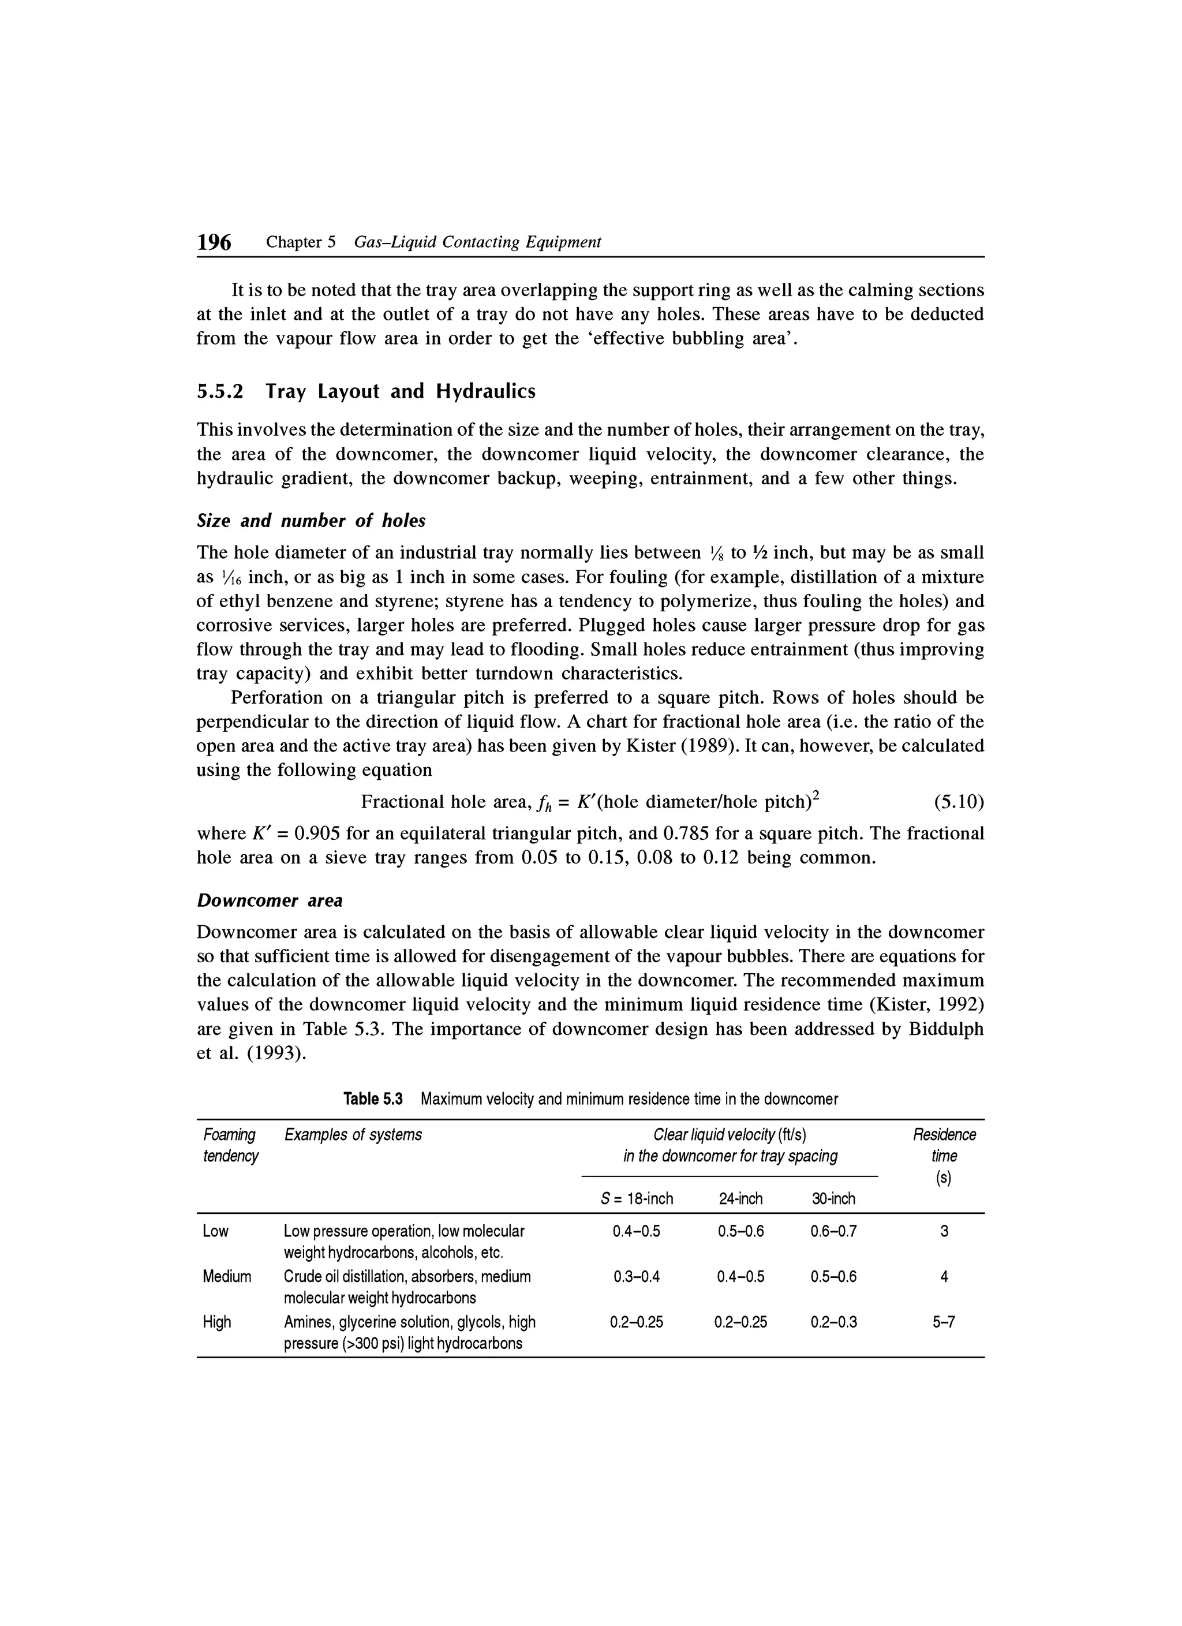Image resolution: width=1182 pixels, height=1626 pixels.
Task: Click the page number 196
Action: point(214,243)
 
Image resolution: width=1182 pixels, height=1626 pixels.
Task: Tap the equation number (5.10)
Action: point(959,802)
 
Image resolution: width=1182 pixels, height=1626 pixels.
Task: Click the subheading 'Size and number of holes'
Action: point(311,521)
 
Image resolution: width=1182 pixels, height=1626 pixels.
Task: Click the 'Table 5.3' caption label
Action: point(373,1099)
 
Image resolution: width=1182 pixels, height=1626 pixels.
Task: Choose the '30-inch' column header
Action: point(833,1199)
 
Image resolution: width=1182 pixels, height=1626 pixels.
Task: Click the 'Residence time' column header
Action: point(943,1145)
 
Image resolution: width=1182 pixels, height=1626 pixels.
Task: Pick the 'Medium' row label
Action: point(227,1276)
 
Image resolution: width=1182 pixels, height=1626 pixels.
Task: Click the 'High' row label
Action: point(217,1321)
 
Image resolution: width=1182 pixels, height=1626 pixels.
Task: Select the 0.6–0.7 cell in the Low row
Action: point(833,1232)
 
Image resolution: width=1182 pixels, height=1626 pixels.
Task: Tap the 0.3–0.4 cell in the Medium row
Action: point(637,1277)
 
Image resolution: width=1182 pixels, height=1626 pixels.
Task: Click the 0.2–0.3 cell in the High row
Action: point(833,1322)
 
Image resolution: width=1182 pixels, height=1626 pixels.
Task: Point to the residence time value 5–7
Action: point(943,1322)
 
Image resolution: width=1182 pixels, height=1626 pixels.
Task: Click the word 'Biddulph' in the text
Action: point(945,1030)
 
